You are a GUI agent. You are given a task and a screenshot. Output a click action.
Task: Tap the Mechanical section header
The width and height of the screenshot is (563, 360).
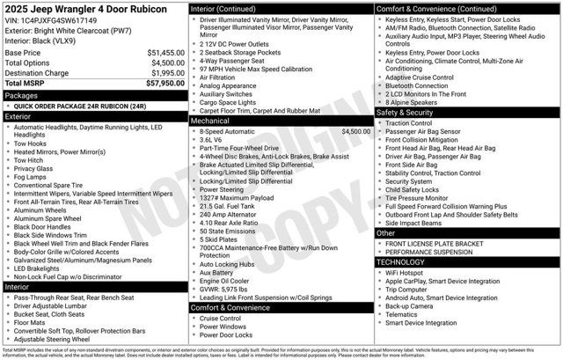(216, 121)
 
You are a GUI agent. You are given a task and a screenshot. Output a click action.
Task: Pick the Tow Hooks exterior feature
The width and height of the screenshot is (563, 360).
(31, 143)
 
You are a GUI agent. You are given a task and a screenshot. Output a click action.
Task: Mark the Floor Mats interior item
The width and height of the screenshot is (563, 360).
(31, 322)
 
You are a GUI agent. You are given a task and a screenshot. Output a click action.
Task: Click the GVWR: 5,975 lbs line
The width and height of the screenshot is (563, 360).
(230, 289)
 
